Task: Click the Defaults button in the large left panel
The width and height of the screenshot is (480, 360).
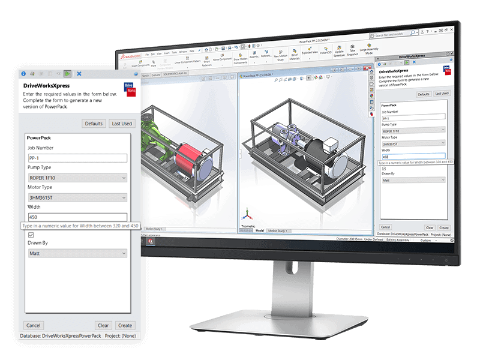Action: pos(94,124)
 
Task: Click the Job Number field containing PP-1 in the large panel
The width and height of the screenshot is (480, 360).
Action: pos(77,158)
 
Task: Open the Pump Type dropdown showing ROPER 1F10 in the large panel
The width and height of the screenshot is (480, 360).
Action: pos(77,178)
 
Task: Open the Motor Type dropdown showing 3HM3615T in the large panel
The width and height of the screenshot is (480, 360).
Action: pos(77,198)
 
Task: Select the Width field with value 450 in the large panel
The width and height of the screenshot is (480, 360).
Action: pos(77,217)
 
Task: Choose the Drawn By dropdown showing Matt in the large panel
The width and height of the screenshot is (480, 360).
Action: pos(77,254)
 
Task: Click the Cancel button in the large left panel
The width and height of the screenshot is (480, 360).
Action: pos(34,325)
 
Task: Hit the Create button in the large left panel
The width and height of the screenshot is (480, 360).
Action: pos(125,325)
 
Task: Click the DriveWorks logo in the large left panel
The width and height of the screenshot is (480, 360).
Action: pos(128,88)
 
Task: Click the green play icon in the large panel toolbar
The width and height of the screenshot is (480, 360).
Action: pos(68,73)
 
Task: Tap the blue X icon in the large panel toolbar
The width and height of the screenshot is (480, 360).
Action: pos(79,73)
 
